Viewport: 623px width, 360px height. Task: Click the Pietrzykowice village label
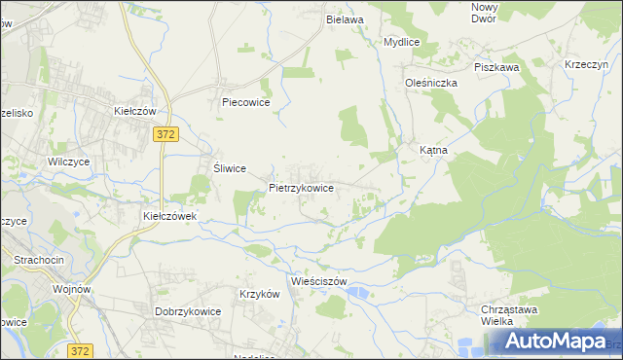click(x=302, y=188)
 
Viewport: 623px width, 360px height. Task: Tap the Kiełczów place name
click(x=135, y=112)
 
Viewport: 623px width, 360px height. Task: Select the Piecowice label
click(x=245, y=101)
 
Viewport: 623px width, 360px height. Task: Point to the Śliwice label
click(x=229, y=167)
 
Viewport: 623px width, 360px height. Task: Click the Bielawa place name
click(x=345, y=19)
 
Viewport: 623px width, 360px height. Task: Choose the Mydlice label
click(x=401, y=43)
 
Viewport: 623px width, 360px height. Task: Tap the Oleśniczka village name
click(x=431, y=84)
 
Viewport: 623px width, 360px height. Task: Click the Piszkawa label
click(x=496, y=67)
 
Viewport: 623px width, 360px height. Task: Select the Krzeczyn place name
click(x=587, y=64)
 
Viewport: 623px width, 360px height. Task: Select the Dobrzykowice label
click(x=188, y=311)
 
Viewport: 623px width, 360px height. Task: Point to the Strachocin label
click(x=38, y=260)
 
